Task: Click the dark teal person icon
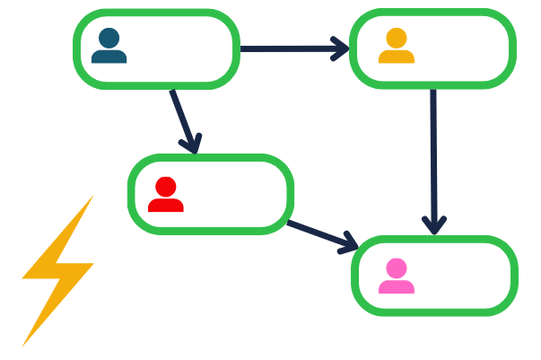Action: [109, 48]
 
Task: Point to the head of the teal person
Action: [109, 38]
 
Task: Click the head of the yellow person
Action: [397, 39]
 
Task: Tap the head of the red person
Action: [166, 187]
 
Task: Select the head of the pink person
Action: [397, 268]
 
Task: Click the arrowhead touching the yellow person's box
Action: [339, 48]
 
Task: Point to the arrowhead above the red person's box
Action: [190, 143]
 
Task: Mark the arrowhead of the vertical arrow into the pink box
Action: [434, 224]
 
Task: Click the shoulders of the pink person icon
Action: [397, 287]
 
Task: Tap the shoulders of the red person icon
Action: [166, 206]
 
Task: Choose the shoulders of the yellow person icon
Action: [397, 57]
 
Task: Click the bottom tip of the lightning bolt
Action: [23, 344]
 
